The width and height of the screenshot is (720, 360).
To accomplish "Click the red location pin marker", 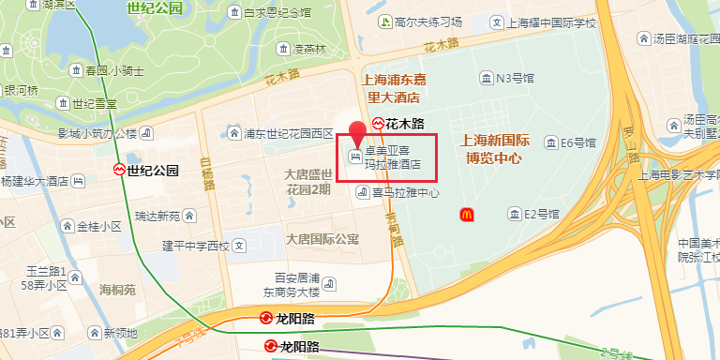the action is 357,134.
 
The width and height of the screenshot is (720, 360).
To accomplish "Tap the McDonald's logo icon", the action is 466,215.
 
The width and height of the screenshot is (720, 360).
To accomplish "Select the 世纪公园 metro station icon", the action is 119,171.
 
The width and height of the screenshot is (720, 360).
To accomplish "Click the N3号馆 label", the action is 515,78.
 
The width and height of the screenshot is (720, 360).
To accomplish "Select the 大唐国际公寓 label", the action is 322,240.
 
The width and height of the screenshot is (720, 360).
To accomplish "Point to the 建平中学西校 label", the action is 196,247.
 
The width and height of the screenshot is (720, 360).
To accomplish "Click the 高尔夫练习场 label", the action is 428,22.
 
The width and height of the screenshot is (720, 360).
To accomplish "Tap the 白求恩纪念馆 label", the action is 277,13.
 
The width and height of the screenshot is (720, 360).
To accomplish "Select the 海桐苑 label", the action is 117,290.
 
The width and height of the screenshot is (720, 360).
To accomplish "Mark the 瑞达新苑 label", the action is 157,216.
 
